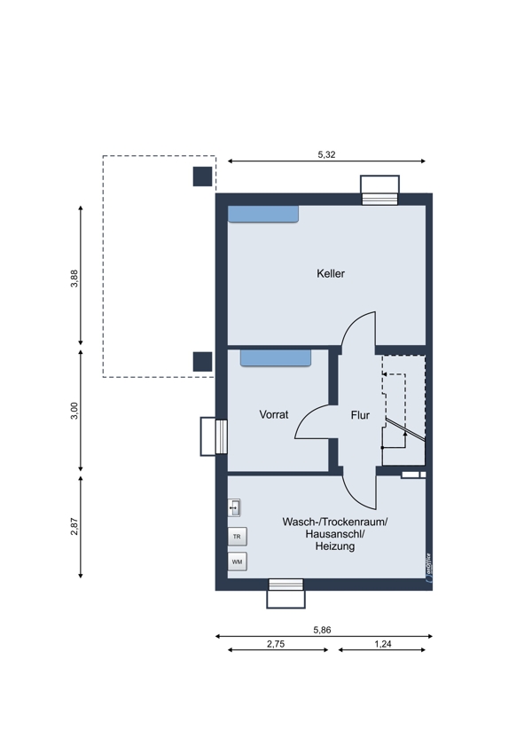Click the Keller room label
pyautogui.click(x=331, y=273)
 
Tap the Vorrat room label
pyautogui.click(x=274, y=414)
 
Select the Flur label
pyautogui.click(x=360, y=415)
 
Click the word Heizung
pyautogui.click(x=335, y=546)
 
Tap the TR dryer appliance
pyautogui.click(x=237, y=536)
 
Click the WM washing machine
pyautogui.click(x=237, y=562)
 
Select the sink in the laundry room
pyautogui.click(x=234, y=507)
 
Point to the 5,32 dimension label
pyautogui.click(x=327, y=154)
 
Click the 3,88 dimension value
pyautogui.click(x=74, y=279)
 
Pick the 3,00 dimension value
pyautogui.click(x=74, y=411)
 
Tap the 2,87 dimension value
pyautogui.click(x=74, y=526)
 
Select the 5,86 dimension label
pyautogui.click(x=322, y=630)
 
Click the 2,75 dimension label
pyautogui.click(x=276, y=644)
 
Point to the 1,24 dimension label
pyautogui.click(x=383, y=644)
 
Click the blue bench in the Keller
pyautogui.click(x=262, y=214)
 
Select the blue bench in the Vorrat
pyautogui.click(x=276, y=357)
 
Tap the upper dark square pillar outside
pyautogui.click(x=202, y=177)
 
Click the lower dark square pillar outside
pyautogui.click(x=202, y=362)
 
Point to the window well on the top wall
pyautogui.click(x=380, y=190)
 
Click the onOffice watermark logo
pyautogui.click(x=428, y=569)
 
